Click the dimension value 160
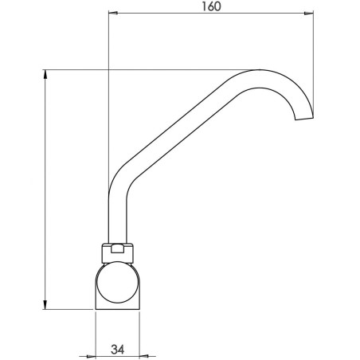(210, 6)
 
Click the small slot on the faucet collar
(117, 248)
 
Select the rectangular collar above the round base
(116, 252)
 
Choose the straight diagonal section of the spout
(175, 127)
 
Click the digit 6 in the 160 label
(210, 6)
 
